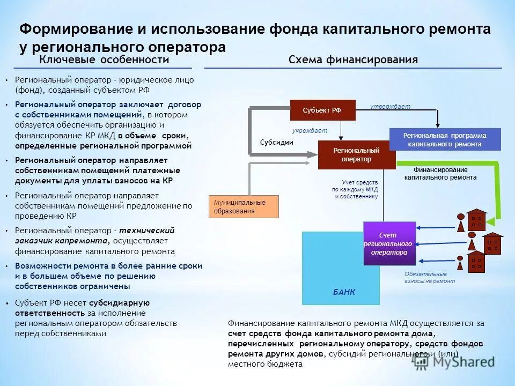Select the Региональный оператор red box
(352, 155)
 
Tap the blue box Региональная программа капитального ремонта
(445, 139)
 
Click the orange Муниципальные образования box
(244, 206)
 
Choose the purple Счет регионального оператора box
(389, 243)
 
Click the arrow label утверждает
(390, 107)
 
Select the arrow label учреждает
(310, 130)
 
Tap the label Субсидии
(276, 143)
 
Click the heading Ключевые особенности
(104, 60)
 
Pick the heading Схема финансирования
(352, 60)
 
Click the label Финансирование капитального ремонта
(440, 173)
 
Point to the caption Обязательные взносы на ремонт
(429, 277)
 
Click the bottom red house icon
(476, 262)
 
